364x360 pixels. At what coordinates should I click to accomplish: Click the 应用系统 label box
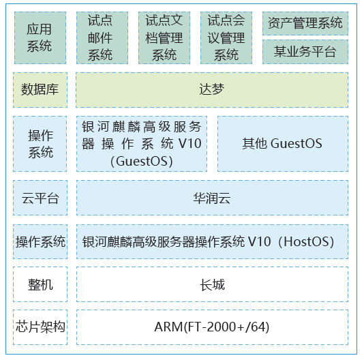40,38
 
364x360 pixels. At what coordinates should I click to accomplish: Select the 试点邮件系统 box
102,38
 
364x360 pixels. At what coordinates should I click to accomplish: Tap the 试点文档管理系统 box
164,38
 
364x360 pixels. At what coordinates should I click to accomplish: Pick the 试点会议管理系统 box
226,38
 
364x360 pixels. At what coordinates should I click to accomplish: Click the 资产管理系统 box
305,23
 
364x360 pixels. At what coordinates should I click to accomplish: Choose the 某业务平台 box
305,52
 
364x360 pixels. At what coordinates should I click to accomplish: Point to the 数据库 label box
40,90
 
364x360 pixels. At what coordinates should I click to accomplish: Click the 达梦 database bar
212,90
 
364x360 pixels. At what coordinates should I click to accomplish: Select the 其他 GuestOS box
283,144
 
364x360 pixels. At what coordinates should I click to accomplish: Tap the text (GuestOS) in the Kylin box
142,161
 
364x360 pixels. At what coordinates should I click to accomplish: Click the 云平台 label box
40,198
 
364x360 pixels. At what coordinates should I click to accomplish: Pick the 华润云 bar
212,198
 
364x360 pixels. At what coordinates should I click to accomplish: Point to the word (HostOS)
306,241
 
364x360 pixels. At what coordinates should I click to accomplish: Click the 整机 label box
40,284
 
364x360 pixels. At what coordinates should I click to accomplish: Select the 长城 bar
212,284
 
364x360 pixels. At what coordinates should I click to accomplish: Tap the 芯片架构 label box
40,327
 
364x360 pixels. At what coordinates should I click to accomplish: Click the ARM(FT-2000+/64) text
212,327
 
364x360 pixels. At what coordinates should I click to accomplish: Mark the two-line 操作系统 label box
40,144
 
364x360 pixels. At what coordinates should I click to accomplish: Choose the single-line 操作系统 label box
40,241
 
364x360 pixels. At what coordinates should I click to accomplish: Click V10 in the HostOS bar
259,241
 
